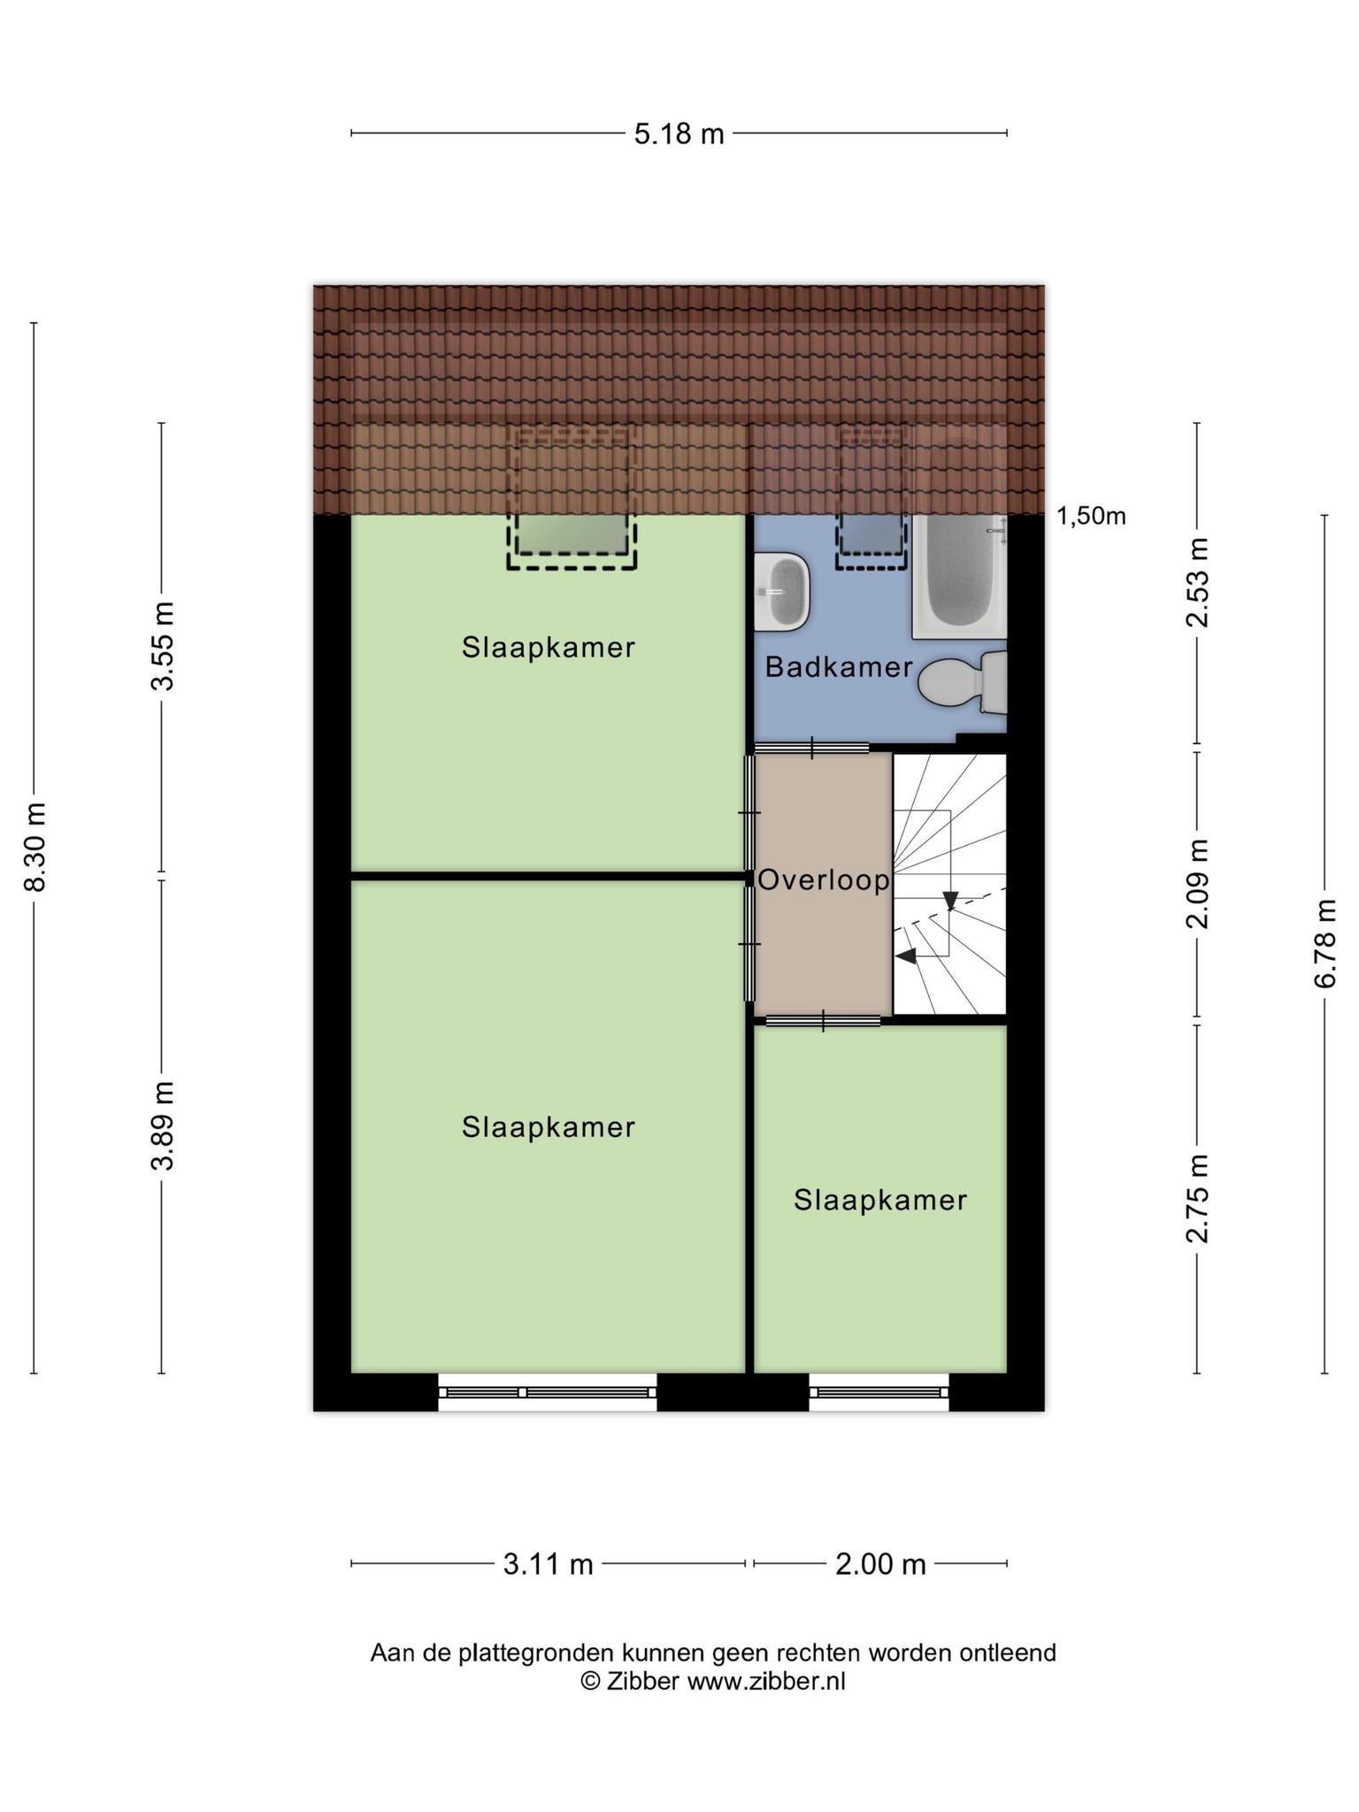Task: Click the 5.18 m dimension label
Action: point(679,134)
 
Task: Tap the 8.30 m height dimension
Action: point(35,848)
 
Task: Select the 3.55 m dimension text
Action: point(162,646)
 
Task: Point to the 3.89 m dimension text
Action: point(162,1125)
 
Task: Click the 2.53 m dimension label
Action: point(1197,582)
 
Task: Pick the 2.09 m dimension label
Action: point(1197,884)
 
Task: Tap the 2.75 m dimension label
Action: point(1197,1199)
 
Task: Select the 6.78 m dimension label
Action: point(1324,943)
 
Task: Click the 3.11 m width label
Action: point(548,1565)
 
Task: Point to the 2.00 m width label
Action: point(880,1565)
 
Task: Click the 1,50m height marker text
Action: point(1091,517)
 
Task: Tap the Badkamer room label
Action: point(838,667)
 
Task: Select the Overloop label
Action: point(824,880)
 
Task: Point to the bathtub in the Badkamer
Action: point(960,575)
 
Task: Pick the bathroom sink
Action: point(784,591)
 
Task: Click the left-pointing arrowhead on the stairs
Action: point(905,956)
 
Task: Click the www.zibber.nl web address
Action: point(766,1682)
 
